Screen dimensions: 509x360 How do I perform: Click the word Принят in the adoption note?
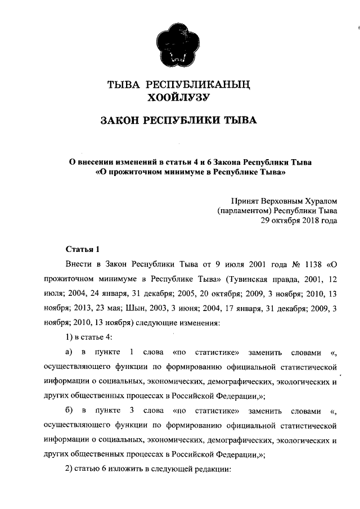coord(245,201)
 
